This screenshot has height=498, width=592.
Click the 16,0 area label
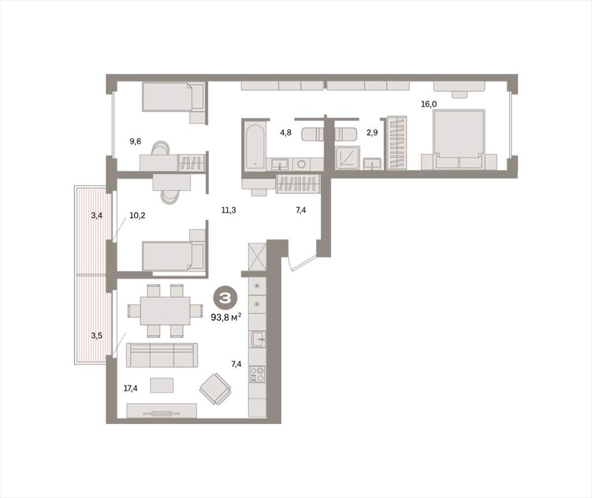point(429,104)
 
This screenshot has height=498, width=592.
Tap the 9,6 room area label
point(135,141)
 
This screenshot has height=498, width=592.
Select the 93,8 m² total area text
point(226,318)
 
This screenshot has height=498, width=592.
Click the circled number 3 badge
point(226,298)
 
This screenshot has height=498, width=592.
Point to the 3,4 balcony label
point(97,215)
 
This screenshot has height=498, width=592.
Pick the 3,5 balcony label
point(97,335)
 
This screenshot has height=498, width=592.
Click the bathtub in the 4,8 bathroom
point(255,145)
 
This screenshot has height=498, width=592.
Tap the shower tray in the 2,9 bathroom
point(347,157)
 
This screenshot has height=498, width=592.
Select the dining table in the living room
point(165,311)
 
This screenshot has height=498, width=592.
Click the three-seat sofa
point(162,355)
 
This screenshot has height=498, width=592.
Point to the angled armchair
point(215,389)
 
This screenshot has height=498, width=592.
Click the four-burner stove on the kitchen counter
point(257,374)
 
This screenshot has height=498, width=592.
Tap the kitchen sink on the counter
point(258,339)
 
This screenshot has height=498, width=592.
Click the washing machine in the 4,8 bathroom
point(302,164)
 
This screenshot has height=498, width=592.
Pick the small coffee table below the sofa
point(162,385)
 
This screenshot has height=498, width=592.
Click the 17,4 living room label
point(130,388)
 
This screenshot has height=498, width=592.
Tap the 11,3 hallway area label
point(229,210)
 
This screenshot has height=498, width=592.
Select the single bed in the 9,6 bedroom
point(173,98)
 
